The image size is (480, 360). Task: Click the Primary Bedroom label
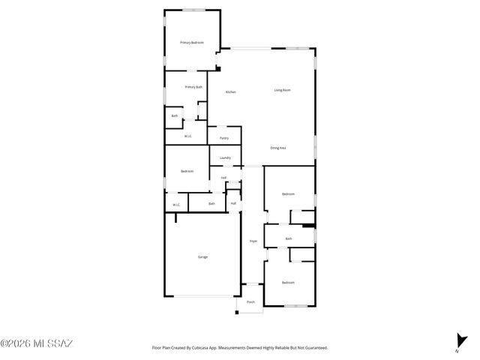(x=192, y=43)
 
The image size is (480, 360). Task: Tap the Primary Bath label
(x=193, y=87)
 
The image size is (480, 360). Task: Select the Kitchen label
(x=231, y=91)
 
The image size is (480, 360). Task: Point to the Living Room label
(x=282, y=90)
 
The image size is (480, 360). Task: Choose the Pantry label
(x=224, y=138)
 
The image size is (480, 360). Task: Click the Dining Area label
(x=278, y=148)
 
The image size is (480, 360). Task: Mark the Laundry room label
(x=225, y=158)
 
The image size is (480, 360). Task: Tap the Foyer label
(x=253, y=241)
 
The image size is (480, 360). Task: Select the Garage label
(x=202, y=256)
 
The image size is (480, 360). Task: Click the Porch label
(x=251, y=301)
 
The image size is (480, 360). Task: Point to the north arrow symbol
(x=459, y=340)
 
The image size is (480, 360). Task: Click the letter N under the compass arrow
(x=457, y=350)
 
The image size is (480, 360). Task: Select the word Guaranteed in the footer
(x=313, y=348)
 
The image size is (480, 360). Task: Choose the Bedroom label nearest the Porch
(x=288, y=282)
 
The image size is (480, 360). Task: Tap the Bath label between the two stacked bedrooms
(x=289, y=238)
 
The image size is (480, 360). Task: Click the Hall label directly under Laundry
(x=223, y=178)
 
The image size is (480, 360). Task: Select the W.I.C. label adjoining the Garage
(x=176, y=204)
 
